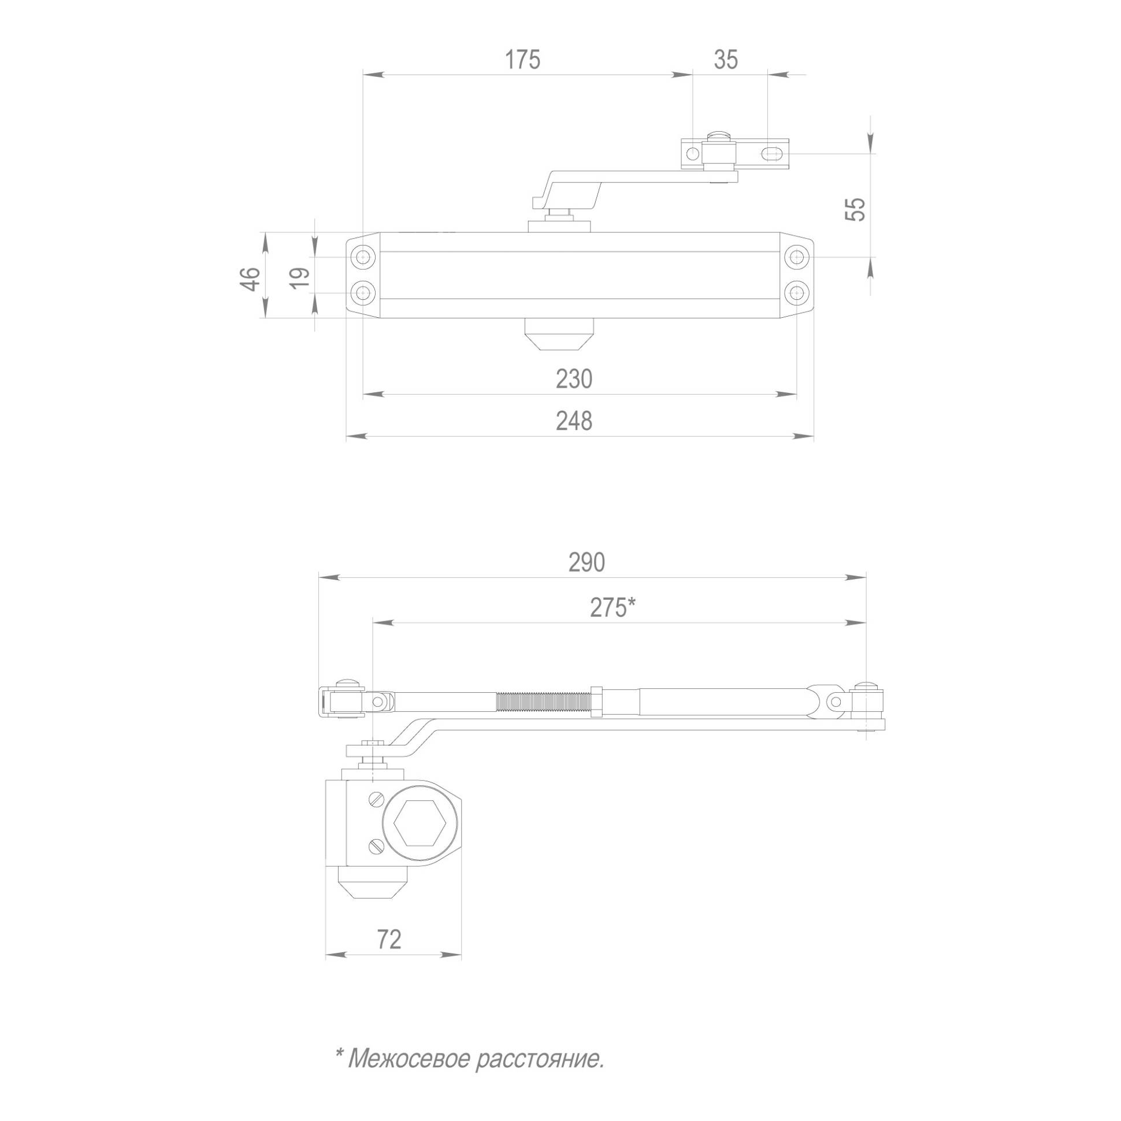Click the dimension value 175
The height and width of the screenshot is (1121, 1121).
click(522, 60)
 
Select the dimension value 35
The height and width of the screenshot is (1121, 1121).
click(726, 60)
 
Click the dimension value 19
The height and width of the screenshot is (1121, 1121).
click(300, 279)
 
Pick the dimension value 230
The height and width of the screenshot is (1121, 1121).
click(574, 380)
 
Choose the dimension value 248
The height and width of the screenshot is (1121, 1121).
click(574, 421)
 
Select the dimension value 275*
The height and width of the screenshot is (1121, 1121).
click(613, 608)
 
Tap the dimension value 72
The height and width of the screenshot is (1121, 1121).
click(389, 940)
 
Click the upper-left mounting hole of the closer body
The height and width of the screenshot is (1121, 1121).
click(364, 257)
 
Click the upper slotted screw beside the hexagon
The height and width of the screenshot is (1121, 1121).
click(376, 800)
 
